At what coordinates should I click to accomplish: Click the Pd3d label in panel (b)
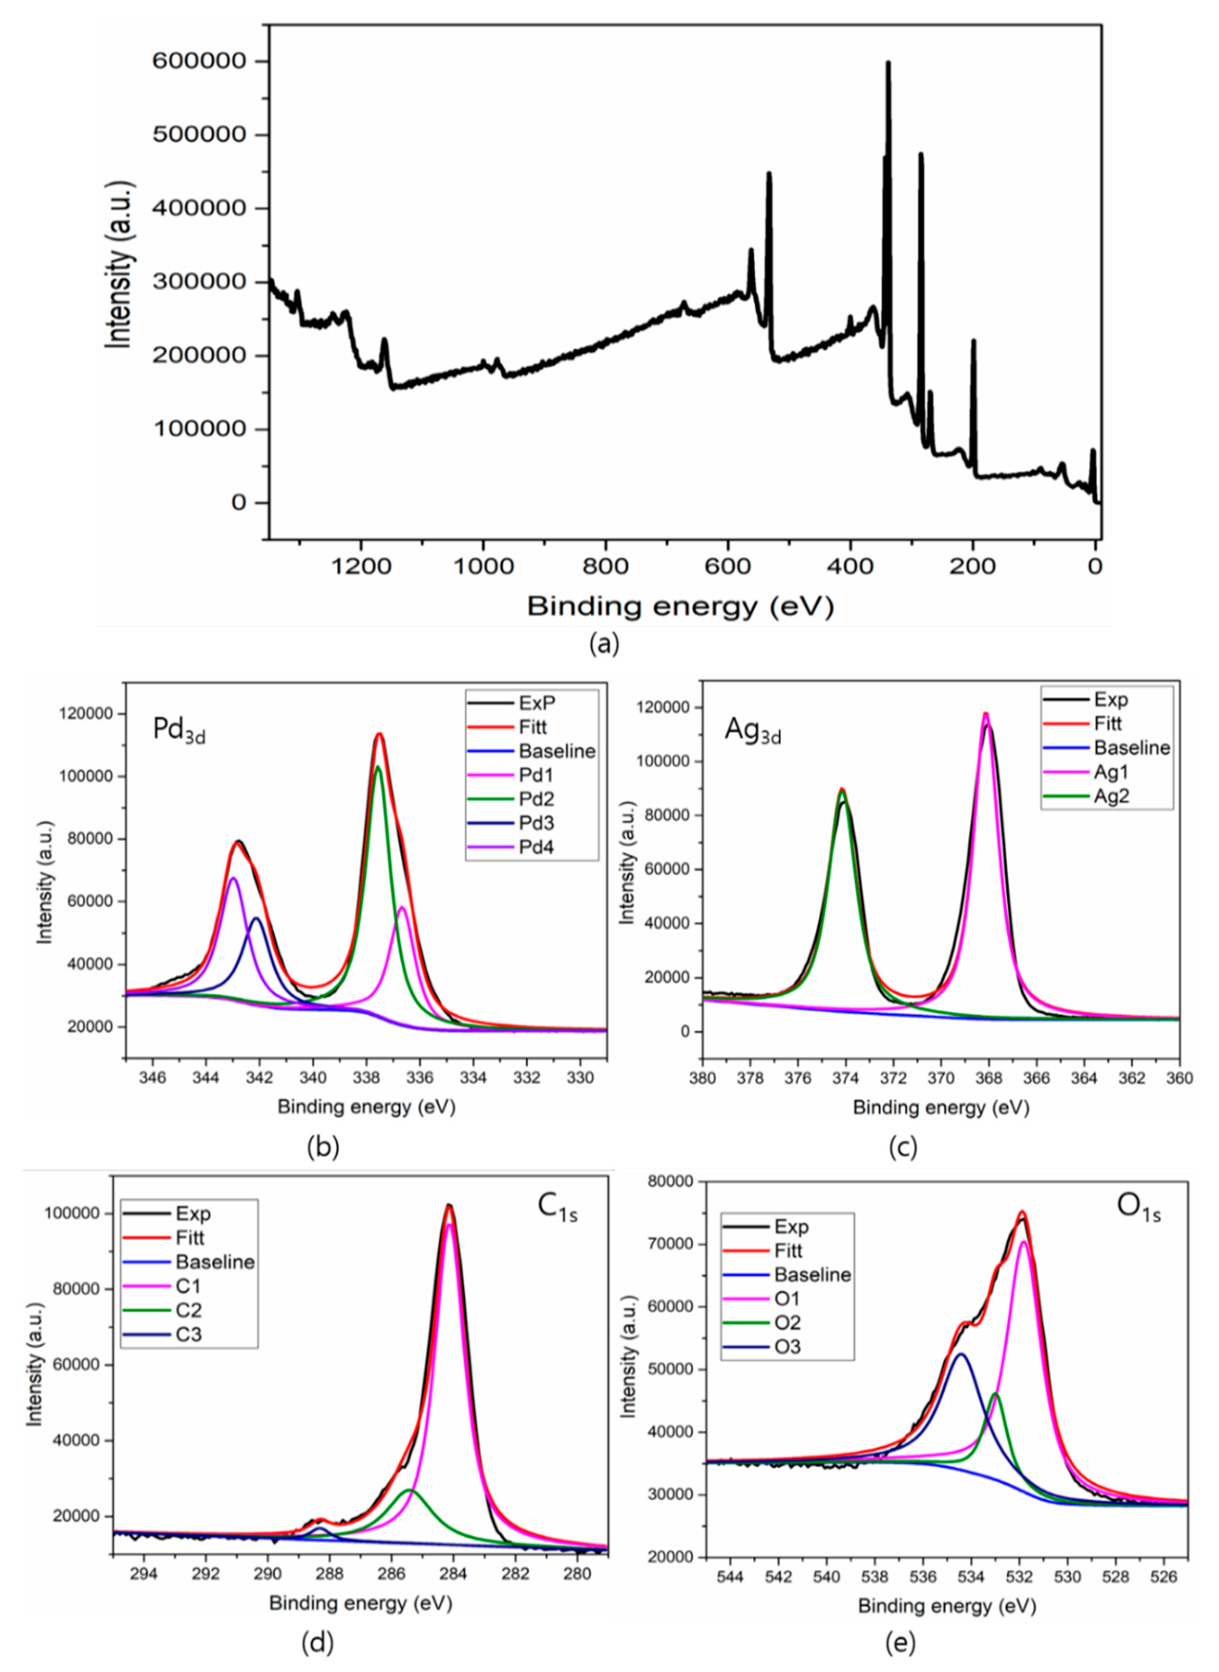pos(178,730)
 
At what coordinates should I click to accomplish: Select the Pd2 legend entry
pos(536,799)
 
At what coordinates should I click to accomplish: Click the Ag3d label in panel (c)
pos(752,730)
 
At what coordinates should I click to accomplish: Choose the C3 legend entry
pos(188,1334)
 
